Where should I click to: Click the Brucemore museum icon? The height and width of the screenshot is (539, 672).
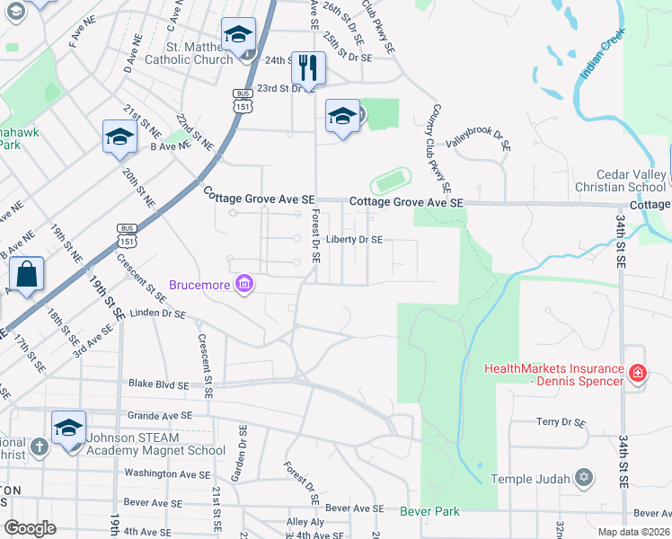coord(243,285)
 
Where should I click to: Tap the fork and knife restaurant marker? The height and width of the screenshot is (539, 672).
coord(308,67)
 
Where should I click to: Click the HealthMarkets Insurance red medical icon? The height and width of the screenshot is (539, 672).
coord(637,372)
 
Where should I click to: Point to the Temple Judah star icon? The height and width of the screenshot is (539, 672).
coord(584,475)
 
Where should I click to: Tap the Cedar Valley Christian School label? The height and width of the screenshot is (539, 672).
coord(632,181)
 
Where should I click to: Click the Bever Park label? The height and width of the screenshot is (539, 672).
coord(429,511)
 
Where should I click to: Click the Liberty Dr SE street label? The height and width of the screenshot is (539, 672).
coord(354,240)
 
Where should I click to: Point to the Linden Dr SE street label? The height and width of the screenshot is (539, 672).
coord(157,314)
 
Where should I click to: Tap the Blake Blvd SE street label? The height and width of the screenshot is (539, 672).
coord(160,384)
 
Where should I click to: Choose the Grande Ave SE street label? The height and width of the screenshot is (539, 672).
coord(160,416)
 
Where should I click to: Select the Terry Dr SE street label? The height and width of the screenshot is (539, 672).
coord(561,422)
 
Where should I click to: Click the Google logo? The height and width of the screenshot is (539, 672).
coord(30,528)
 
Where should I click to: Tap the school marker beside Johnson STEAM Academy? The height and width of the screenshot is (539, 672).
coord(68,429)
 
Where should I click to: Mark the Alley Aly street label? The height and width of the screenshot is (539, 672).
coord(305,522)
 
